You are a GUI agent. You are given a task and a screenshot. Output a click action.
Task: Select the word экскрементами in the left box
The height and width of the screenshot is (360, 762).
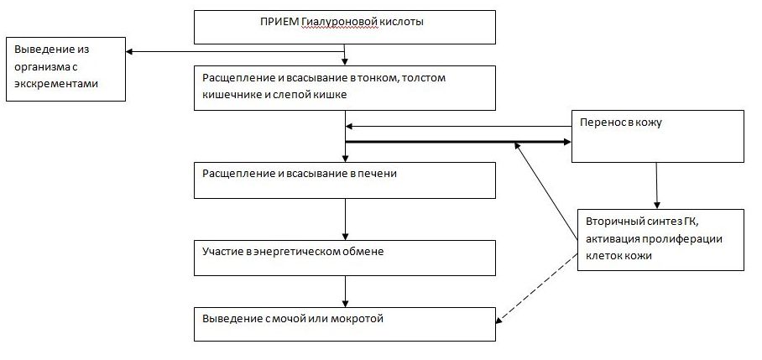point(56,84)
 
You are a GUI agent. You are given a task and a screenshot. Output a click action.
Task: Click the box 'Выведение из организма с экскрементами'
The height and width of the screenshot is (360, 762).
point(65,69)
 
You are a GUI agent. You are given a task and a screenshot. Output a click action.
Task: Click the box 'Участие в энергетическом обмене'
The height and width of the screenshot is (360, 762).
point(345,258)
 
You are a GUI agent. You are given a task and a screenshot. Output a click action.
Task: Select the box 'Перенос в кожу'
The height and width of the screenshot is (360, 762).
point(657,136)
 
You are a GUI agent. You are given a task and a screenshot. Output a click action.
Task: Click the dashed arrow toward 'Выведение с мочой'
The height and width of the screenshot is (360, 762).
point(536,287)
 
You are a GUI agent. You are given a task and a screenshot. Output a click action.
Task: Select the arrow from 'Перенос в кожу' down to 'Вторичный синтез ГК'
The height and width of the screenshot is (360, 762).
point(656,185)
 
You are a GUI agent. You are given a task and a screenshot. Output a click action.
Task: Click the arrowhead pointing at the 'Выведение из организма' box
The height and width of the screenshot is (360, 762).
point(130,51)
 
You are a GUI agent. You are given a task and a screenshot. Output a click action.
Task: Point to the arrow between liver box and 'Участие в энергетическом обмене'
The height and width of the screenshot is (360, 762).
point(345,219)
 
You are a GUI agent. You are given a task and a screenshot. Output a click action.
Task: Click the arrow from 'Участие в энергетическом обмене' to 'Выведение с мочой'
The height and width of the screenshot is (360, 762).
point(345,291)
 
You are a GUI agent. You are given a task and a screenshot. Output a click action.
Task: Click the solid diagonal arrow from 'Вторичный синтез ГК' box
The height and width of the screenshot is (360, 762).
point(546,190)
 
